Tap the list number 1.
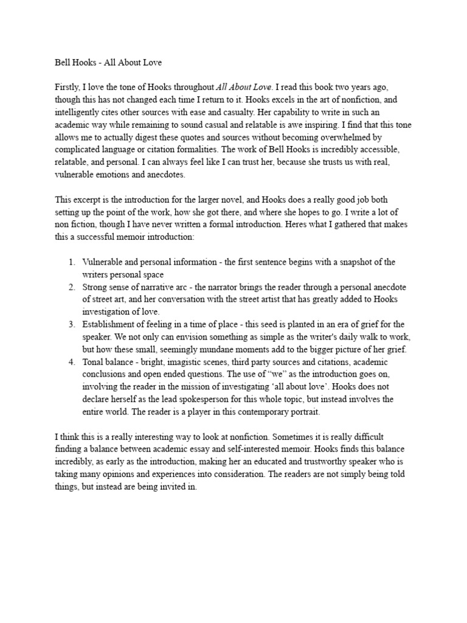tap(71, 262)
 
